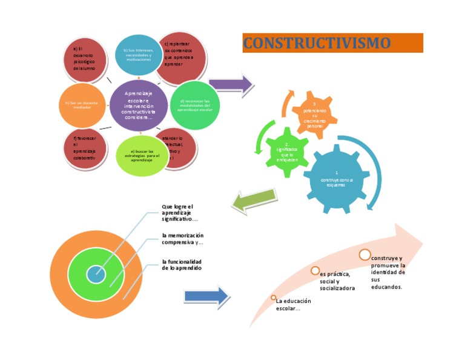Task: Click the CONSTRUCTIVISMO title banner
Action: point(332,43)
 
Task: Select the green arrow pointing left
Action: point(254,201)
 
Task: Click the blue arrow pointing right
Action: point(206,296)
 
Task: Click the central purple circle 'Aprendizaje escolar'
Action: point(139,105)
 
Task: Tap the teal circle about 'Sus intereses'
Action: point(139,55)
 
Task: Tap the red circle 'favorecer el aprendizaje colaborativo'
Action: point(85,147)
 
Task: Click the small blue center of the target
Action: point(96,275)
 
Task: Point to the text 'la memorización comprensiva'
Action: point(182,239)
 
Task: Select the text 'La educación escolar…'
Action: point(294,305)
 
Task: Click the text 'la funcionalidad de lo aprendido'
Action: point(182,264)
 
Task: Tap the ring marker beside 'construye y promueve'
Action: point(364,255)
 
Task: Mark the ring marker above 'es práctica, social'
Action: point(315,270)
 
